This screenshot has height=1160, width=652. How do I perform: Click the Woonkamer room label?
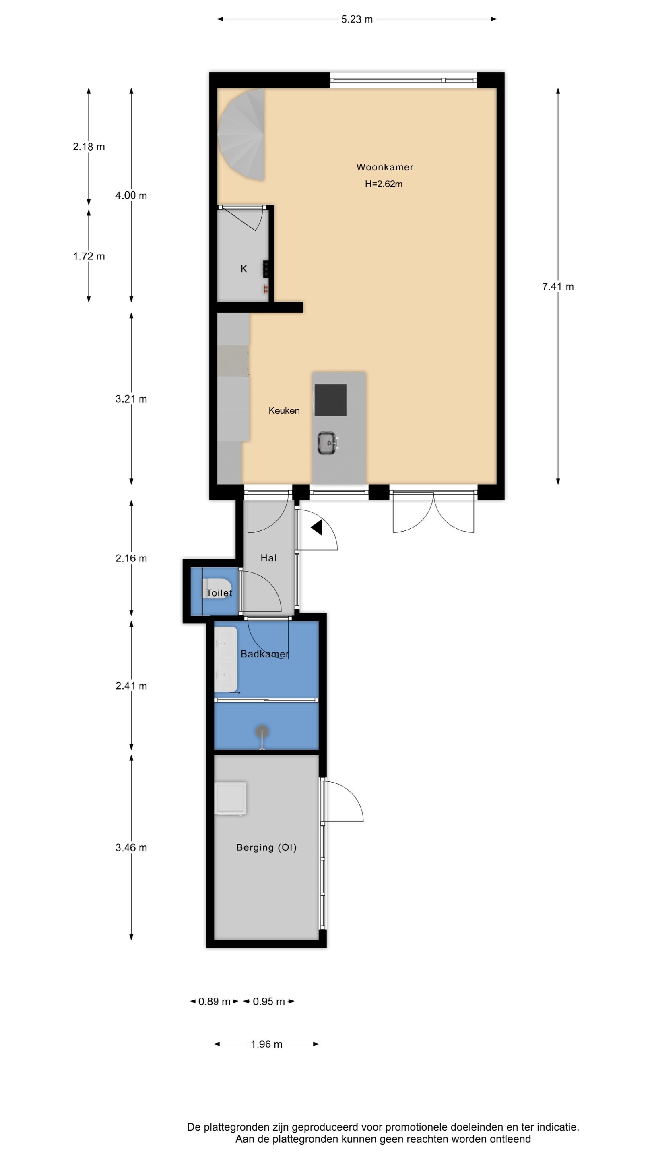click(384, 167)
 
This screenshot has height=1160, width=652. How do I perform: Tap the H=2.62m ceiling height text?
click(384, 184)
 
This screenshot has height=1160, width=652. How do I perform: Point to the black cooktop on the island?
click(330, 400)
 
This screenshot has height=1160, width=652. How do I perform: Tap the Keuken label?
click(284, 411)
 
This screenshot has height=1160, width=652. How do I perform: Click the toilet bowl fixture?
click(217, 588)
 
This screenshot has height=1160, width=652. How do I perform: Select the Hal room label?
click(268, 558)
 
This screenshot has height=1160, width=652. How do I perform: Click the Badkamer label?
click(264, 654)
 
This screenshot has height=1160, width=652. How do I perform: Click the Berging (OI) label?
click(266, 847)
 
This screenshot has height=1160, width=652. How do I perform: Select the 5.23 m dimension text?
click(357, 19)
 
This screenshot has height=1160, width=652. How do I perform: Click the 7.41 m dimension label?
click(558, 286)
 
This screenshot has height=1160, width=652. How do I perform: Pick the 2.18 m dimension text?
click(89, 147)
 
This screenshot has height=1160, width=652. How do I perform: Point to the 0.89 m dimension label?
click(214, 1001)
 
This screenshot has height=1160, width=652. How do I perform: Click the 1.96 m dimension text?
click(266, 1044)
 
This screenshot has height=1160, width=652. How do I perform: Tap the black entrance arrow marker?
click(317, 527)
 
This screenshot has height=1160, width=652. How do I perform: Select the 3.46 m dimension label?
click(131, 848)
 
